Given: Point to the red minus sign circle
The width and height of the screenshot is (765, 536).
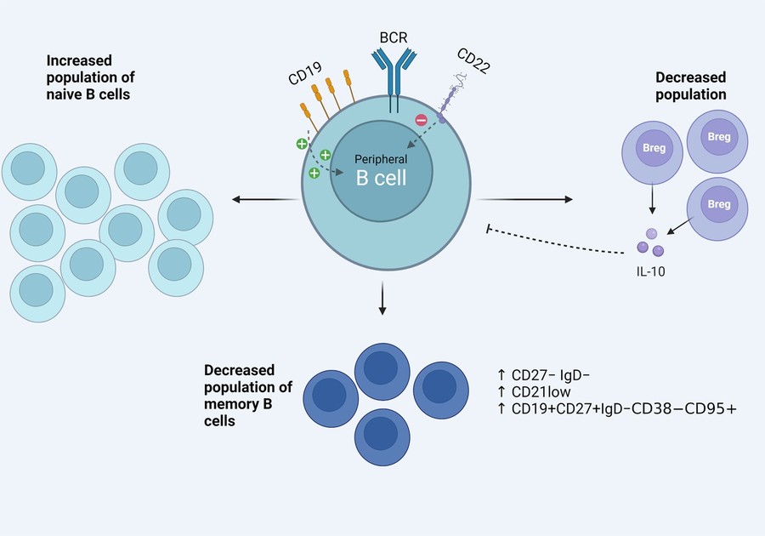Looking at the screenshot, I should tap(421, 120).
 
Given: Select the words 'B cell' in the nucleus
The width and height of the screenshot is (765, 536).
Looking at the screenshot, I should tap(381, 178).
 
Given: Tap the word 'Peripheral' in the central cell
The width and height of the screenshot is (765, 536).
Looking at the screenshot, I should tap(381, 159).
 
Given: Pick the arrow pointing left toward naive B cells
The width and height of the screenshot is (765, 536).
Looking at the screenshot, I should tap(263, 200).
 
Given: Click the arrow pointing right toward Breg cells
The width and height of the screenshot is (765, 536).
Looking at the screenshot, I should tap(527, 200).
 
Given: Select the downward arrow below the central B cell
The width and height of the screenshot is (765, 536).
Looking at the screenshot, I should tap(382, 302).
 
